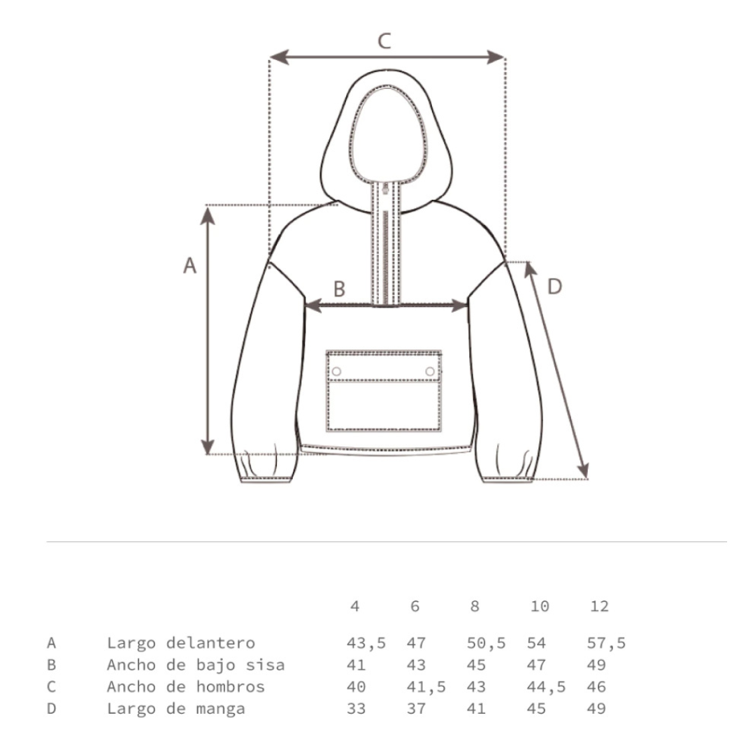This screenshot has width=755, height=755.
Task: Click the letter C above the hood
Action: (x=384, y=41)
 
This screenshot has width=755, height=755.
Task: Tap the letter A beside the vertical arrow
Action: (x=189, y=266)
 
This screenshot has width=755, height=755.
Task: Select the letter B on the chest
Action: (x=340, y=289)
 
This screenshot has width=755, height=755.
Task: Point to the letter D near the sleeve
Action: (x=554, y=287)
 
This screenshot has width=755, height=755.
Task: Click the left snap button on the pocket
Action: (x=336, y=371)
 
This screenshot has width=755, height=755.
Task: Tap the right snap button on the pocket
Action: (x=430, y=371)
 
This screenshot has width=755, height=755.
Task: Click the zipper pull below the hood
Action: (x=385, y=189)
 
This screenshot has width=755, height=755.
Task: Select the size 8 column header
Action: (x=475, y=605)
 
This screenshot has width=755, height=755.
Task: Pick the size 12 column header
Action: (x=600, y=605)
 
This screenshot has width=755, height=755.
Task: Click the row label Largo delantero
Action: (x=180, y=643)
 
